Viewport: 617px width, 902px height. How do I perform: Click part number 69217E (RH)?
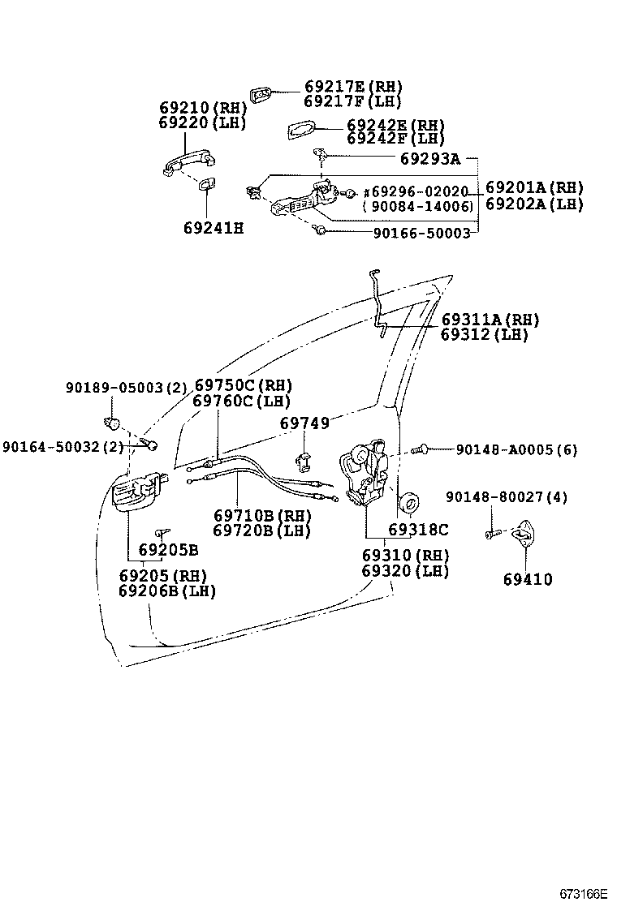[x=352, y=87]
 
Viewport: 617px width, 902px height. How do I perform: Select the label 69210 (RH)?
[x=201, y=108]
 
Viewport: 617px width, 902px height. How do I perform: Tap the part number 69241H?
[x=213, y=228]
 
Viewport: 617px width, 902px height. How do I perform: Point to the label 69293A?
[x=429, y=158]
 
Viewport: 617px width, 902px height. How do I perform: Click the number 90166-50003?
[x=421, y=233]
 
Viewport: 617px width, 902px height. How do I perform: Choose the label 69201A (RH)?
[x=534, y=188]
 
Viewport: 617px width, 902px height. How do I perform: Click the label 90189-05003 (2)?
[x=125, y=388]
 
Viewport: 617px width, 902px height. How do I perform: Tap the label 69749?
[x=304, y=423]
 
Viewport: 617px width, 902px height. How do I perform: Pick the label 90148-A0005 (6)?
[x=516, y=449]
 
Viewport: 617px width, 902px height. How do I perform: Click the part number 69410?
[x=527, y=579]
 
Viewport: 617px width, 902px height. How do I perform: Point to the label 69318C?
[x=418, y=530]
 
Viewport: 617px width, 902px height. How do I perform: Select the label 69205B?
[x=168, y=550]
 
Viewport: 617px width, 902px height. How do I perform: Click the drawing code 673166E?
[x=583, y=893]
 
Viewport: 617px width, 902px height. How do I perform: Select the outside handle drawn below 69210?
[x=180, y=163]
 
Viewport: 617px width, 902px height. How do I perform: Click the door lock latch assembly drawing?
[x=367, y=475]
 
